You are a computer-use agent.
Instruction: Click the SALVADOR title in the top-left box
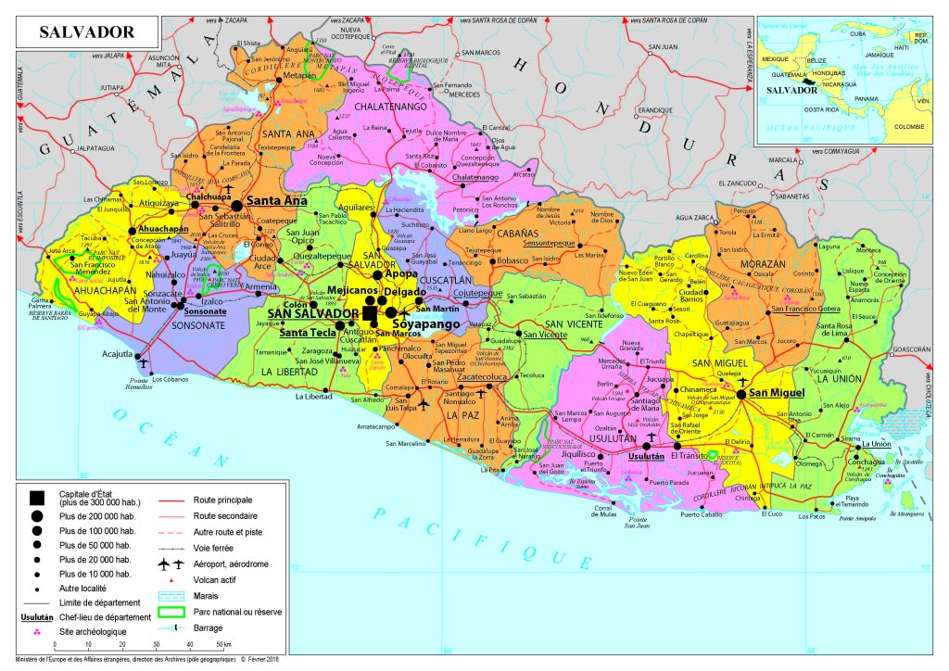86,32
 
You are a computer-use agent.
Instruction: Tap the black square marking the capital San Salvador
370,314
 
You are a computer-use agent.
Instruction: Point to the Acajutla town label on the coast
118,353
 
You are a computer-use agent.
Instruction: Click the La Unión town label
878,445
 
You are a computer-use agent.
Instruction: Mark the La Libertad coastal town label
313,397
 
